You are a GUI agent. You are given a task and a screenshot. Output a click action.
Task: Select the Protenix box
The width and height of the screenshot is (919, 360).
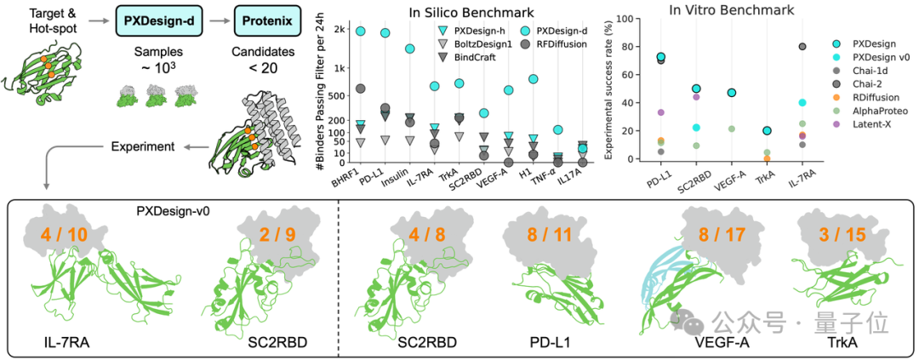point(264,18)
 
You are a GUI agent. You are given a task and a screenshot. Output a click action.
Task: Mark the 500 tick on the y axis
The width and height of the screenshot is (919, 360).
point(334,95)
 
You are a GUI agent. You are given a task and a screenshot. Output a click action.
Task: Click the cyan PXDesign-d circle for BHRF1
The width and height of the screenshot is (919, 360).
point(360,31)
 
